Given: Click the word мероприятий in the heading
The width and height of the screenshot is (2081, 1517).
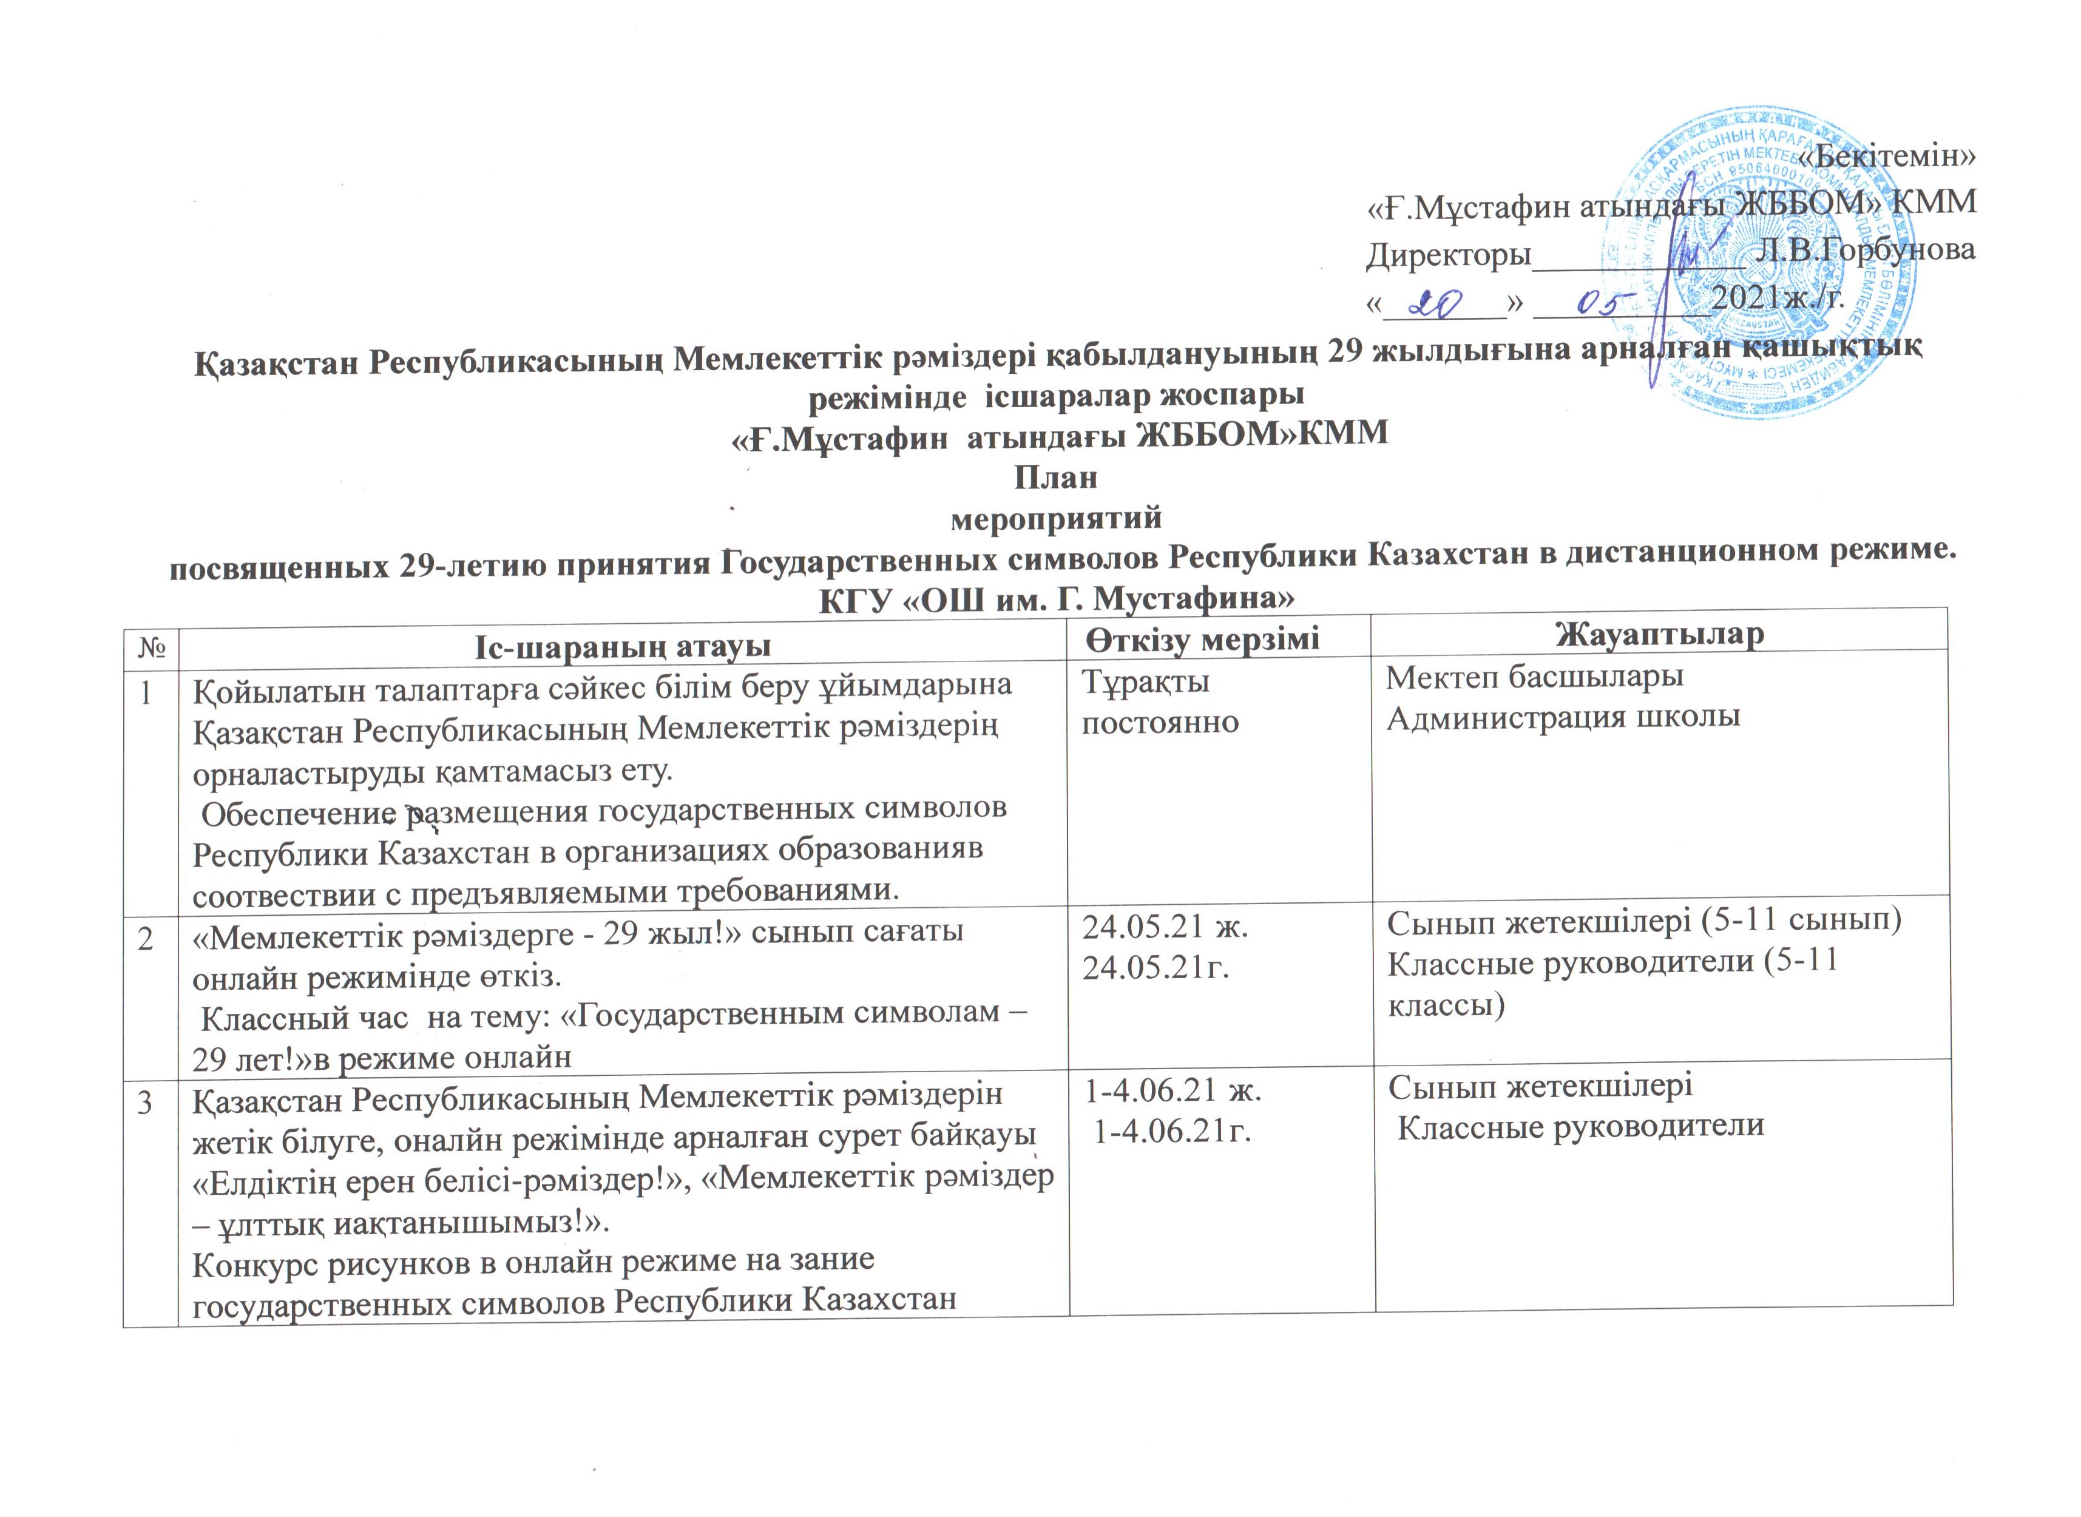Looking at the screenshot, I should click(x=1055, y=518).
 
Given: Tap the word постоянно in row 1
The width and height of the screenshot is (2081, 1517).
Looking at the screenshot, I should click(x=1160, y=721).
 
